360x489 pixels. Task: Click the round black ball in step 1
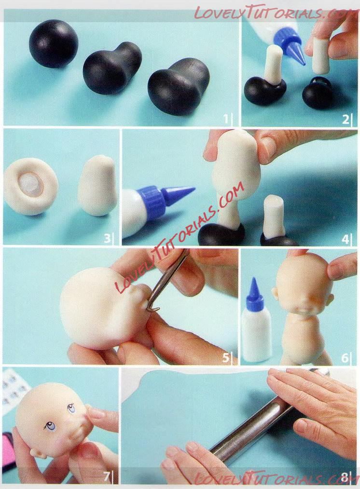point(54,43)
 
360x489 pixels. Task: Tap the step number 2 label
point(345,119)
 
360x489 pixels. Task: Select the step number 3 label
point(107,238)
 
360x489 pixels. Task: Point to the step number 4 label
point(345,239)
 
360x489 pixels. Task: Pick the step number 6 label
point(345,358)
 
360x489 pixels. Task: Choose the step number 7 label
point(107,476)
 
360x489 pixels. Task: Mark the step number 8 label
point(345,477)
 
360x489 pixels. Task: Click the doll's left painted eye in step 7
point(50,426)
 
